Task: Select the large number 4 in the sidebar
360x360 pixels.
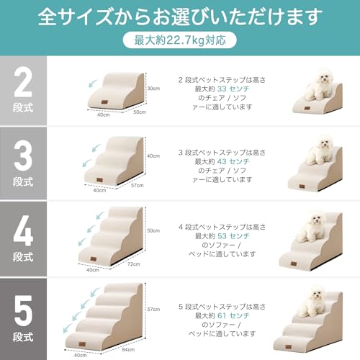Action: [23, 230]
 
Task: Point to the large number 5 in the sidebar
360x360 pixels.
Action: [23, 305]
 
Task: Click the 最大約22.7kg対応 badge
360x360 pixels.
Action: [179, 41]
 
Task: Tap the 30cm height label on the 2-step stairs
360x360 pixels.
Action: [152, 89]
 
